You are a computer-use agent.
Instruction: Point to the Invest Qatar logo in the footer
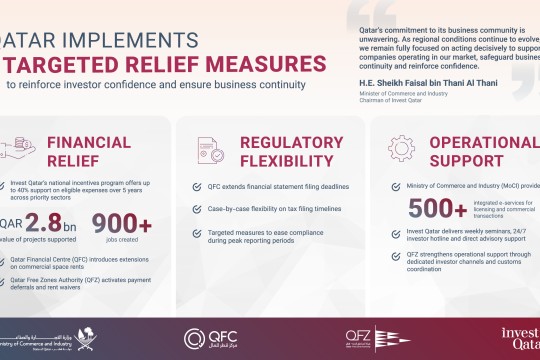(x=520, y=335)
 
